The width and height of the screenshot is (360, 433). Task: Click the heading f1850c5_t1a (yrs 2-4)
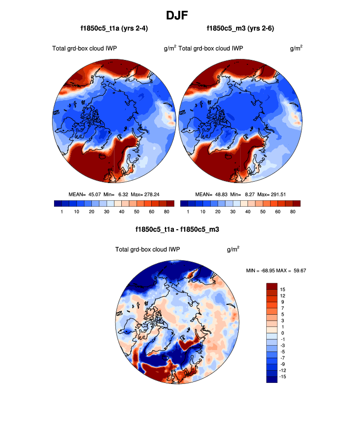tap(114, 29)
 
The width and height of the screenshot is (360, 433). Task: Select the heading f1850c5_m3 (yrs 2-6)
tap(240, 29)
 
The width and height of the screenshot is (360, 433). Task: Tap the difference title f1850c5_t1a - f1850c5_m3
tap(180, 229)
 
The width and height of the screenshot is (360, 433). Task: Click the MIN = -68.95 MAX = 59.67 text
tap(277, 271)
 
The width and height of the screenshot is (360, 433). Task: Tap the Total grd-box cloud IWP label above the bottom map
tap(147, 249)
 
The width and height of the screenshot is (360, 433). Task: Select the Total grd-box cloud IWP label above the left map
tap(84, 48)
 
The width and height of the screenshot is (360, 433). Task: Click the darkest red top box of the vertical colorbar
tap(273, 286)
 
